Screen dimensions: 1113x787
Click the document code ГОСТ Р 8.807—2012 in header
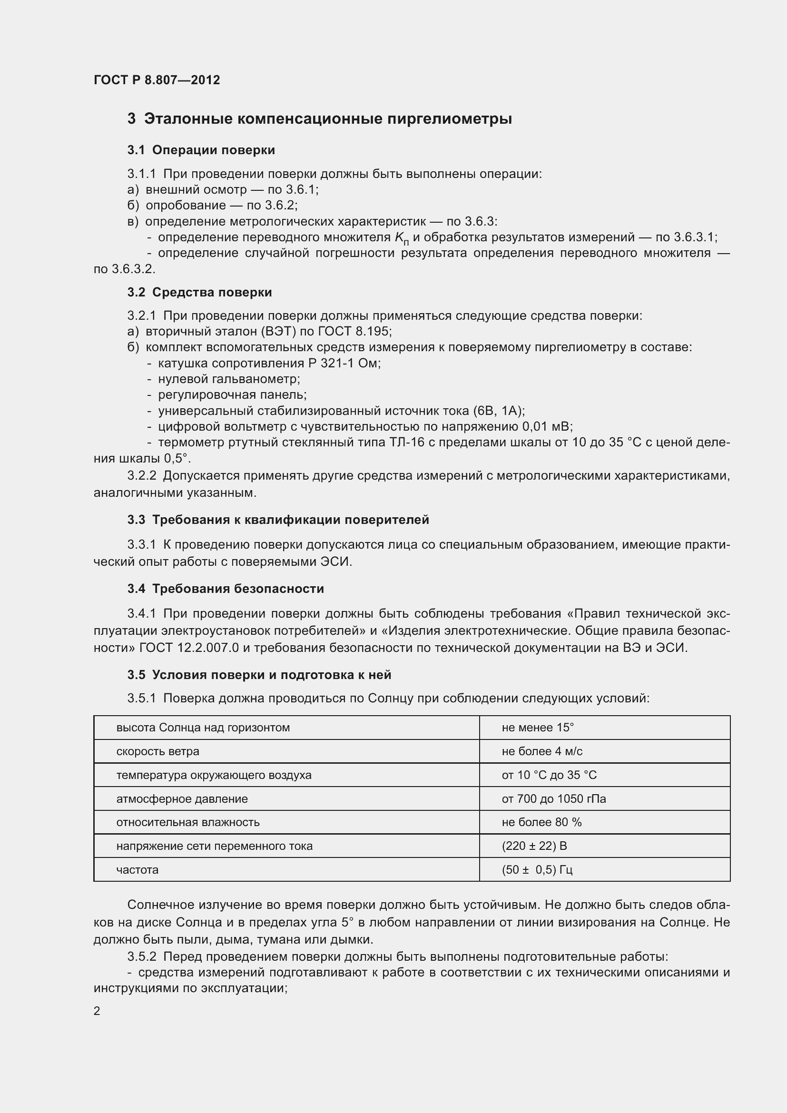pos(157,80)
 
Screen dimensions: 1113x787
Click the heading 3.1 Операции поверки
pos(201,150)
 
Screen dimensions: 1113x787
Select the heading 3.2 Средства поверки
pos(200,292)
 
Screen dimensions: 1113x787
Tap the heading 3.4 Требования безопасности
pos(226,589)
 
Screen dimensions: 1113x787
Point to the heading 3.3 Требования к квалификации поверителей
pos(278,520)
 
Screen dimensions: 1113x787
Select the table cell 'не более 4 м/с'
pos(542,751)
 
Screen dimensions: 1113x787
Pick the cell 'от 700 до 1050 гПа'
pos(553,799)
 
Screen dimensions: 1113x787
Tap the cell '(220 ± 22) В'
pos(534,846)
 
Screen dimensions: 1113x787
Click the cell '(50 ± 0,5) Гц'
pos(537,870)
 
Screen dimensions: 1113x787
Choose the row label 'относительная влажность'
pos(187,822)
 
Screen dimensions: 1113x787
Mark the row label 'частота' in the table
pos(137,870)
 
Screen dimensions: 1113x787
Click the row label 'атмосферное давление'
pos(182,799)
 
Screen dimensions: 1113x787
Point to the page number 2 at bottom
pos(97,1011)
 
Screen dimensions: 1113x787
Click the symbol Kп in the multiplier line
pos(402,238)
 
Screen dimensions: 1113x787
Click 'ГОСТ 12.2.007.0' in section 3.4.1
pos(188,648)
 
